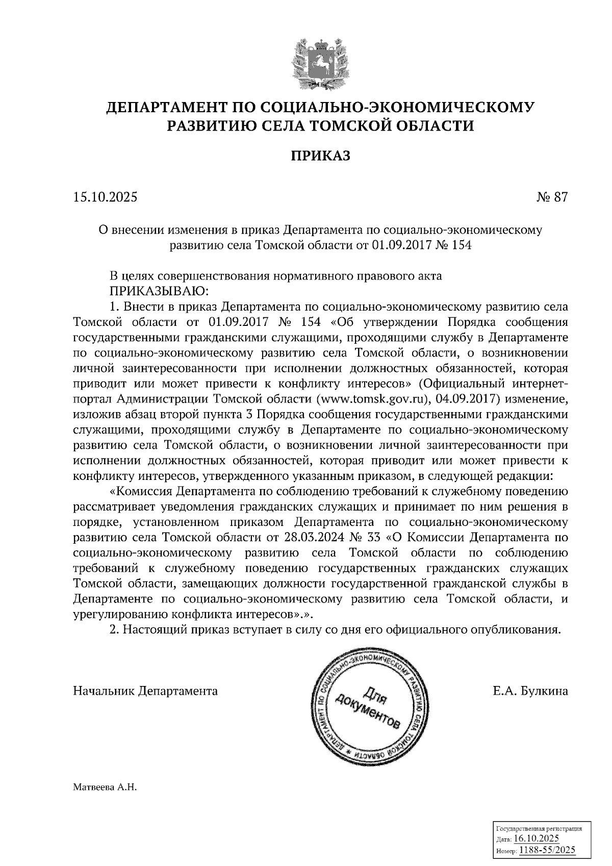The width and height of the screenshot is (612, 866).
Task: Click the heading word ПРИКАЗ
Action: point(320,155)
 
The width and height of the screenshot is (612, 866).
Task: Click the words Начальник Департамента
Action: point(145,691)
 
